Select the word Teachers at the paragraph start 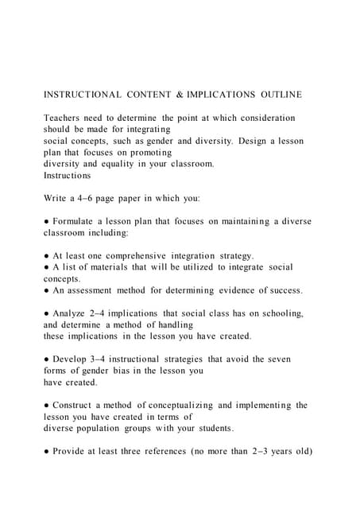pyautogui.click(x=66, y=117)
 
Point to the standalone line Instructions pyautogui.click(x=67, y=174)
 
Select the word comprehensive pyautogui.click(x=139, y=255)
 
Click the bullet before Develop pyautogui.click(x=46, y=359)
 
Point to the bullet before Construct pyautogui.click(x=46, y=406)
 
